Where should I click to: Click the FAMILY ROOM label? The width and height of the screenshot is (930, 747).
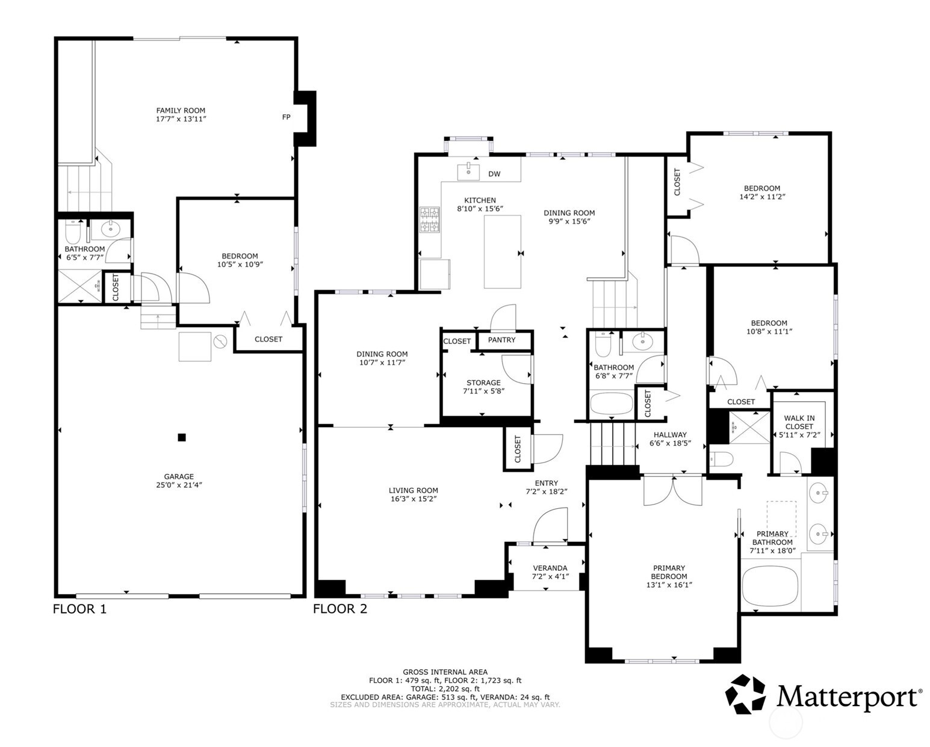181,111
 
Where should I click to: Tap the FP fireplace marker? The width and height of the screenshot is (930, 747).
287,117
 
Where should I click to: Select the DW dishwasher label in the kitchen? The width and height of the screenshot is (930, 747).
494,174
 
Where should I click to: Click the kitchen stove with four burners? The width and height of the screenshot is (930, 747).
429,220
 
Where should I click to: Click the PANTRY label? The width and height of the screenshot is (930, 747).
501,340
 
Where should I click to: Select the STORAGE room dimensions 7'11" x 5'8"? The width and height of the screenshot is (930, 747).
483,391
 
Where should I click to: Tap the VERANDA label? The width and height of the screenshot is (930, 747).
550,568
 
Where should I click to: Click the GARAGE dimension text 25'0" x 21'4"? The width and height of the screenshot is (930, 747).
179,485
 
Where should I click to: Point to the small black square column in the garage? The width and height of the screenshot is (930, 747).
182,438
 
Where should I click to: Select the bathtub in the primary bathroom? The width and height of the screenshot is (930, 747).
770,587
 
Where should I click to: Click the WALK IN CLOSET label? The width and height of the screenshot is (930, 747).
799,422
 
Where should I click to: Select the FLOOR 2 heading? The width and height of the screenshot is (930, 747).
340,609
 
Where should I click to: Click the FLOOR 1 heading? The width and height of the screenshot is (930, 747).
80,609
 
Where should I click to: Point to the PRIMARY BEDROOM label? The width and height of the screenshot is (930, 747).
669,572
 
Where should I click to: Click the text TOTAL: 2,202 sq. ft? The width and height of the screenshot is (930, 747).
445,689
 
